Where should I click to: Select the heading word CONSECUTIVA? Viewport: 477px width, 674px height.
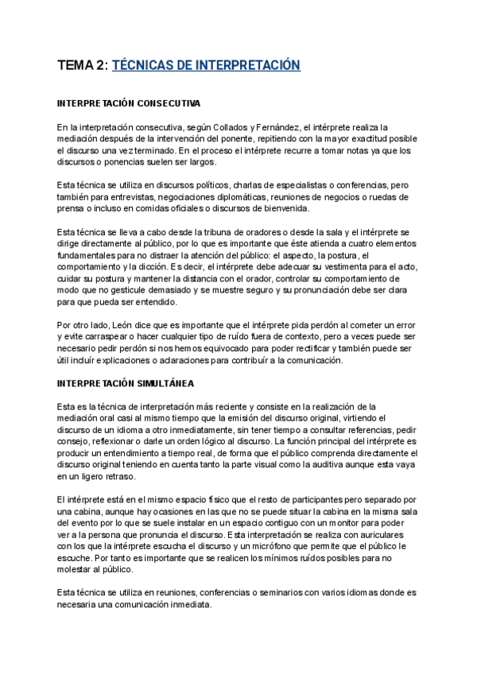coord(166,104)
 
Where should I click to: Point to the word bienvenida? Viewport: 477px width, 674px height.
coord(285,208)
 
